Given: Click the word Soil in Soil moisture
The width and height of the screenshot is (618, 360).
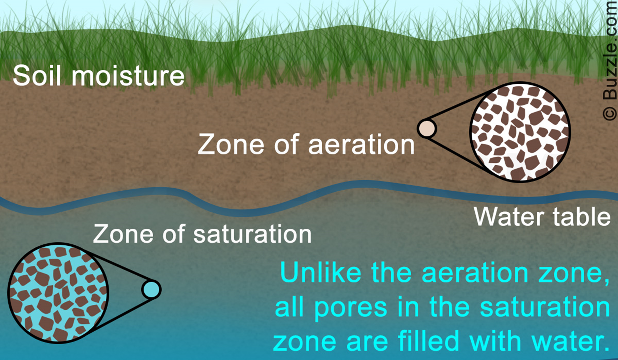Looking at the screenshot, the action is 37,76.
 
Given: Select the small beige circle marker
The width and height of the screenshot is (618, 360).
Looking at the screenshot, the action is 427,128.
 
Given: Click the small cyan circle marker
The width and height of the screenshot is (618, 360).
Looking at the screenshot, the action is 151,289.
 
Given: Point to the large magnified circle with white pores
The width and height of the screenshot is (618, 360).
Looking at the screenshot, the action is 520,132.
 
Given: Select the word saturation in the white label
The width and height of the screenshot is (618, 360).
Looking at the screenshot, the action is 252,234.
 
